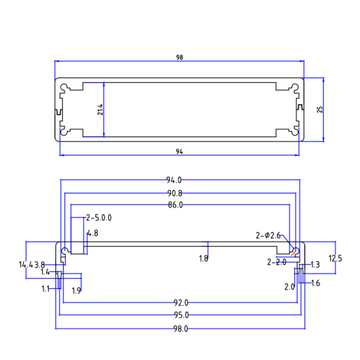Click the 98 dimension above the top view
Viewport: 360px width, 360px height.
click(179, 57)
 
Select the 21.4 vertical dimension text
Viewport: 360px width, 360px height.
click(100, 109)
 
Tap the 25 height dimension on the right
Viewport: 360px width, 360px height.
click(320, 109)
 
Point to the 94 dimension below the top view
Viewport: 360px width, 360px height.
click(179, 151)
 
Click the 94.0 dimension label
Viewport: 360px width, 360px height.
click(173, 180)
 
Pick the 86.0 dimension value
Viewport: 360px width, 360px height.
click(175, 205)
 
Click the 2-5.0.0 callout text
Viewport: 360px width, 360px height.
click(99, 217)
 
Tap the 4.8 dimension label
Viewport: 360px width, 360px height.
click(92, 233)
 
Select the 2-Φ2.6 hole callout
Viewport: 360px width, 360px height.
click(268, 235)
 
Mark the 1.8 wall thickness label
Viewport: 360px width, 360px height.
click(204, 259)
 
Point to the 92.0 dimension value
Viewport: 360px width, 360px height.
click(181, 303)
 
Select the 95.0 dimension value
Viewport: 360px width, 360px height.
click(181, 315)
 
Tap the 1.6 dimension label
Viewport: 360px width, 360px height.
click(315, 283)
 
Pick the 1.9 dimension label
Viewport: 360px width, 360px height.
click(77, 290)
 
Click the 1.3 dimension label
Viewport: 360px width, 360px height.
click(315, 264)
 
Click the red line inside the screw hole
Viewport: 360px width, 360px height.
click(294, 252)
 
